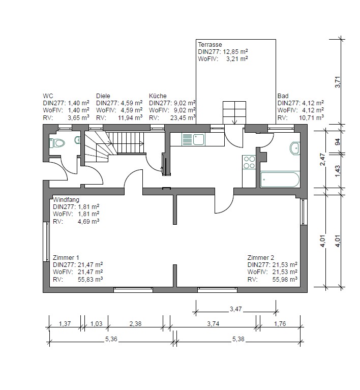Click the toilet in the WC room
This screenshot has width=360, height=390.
pyautogui.click(x=57, y=143)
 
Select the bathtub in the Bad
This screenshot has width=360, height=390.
pyautogui.click(x=280, y=179)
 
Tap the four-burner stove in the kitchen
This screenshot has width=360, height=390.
pyautogui.click(x=249, y=162)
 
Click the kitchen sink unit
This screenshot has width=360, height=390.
pyautogui.click(x=193, y=139)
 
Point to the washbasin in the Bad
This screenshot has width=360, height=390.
pyautogui.click(x=295, y=148)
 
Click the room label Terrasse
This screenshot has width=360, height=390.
pyautogui.click(x=210, y=45)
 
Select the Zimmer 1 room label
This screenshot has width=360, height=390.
pyautogui.click(x=66, y=258)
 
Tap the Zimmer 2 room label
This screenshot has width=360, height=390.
pyautogui.click(x=260, y=258)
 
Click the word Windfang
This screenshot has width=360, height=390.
pyautogui.click(x=66, y=199)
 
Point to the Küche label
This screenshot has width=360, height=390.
pyautogui.click(x=158, y=96)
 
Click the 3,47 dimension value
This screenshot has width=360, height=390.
pyautogui.click(x=235, y=309)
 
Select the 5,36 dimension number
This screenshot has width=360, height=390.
pyautogui.click(x=111, y=339)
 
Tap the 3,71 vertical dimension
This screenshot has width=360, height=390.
pyautogui.click(x=337, y=81)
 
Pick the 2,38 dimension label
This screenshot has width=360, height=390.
pyautogui.click(x=135, y=323)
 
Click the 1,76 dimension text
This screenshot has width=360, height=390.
pyautogui.click(x=280, y=323)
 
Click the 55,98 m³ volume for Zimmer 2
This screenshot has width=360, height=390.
pyautogui.click(x=285, y=279)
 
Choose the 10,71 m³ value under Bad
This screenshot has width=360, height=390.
pyautogui.click(x=311, y=117)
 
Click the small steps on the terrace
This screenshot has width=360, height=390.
pyautogui.click(x=234, y=113)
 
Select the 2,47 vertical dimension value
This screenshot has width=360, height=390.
pyautogui.click(x=322, y=159)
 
